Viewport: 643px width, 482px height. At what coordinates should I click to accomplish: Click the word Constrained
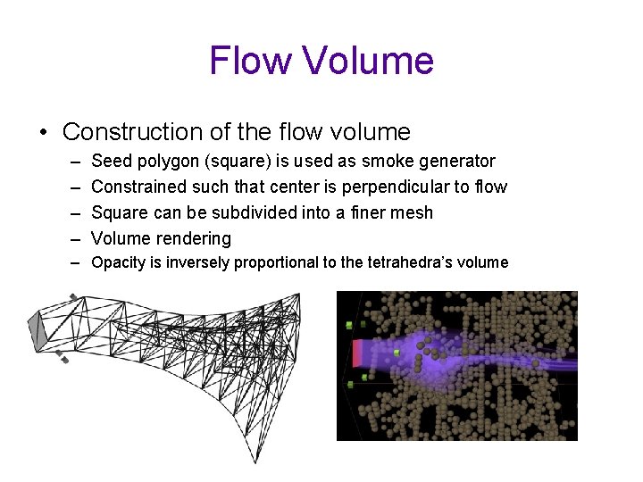click(138, 187)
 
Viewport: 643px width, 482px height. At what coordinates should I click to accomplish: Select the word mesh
click(413, 213)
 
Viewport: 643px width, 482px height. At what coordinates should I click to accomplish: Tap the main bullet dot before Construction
click(43, 133)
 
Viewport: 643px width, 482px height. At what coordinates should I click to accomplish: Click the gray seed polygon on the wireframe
click(38, 330)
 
